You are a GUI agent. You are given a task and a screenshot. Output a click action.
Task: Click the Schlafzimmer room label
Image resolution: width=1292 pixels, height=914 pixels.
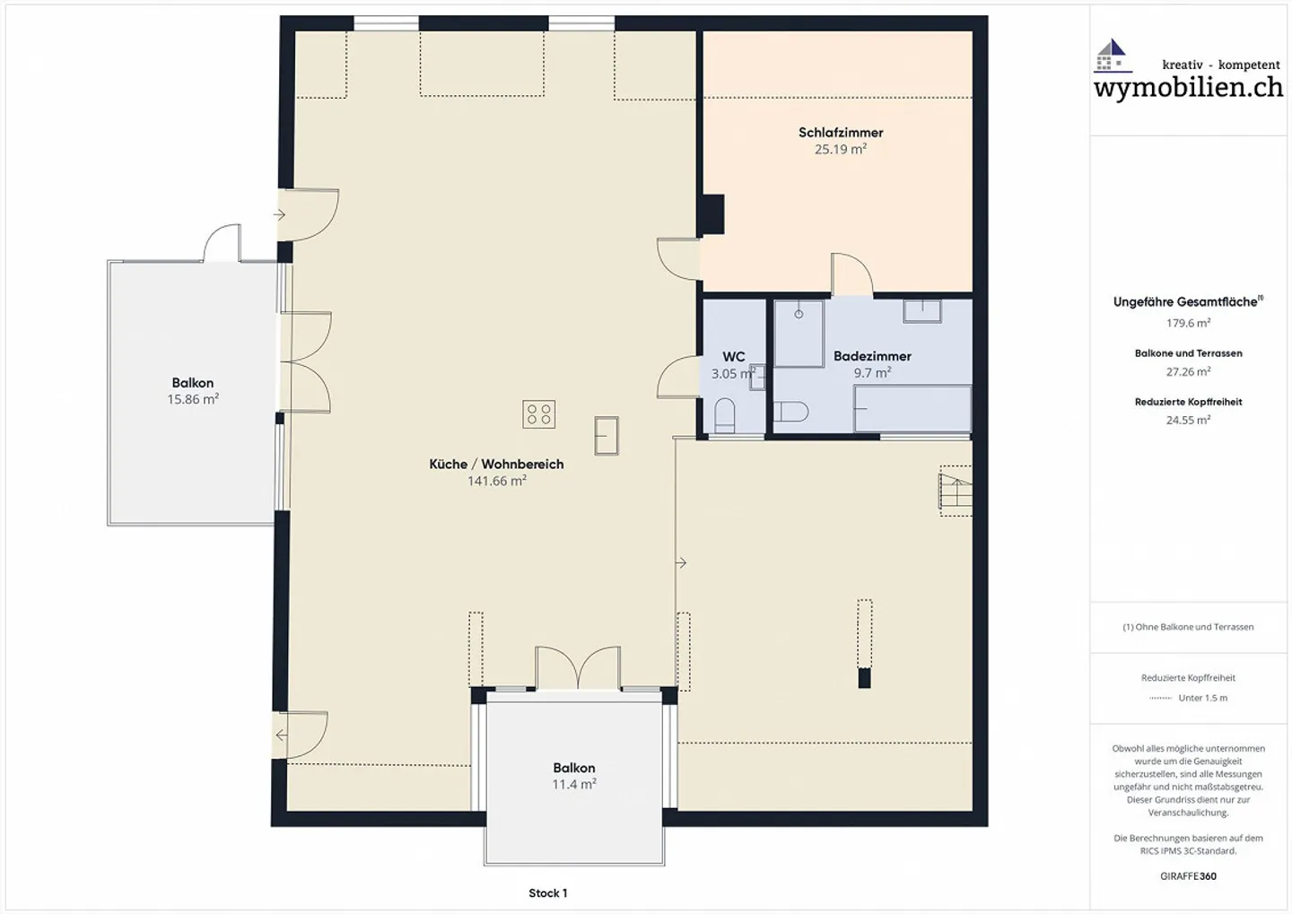[841, 133]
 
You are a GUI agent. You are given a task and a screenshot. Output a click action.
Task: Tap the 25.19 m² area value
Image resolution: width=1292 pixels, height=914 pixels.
[841, 150]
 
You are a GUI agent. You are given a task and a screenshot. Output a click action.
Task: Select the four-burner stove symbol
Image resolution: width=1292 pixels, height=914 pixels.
[538, 414]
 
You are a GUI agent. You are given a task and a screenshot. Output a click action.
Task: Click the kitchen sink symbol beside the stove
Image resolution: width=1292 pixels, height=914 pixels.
[607, 435]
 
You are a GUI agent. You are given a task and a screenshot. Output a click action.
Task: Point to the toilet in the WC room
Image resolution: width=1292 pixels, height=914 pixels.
[724, 415]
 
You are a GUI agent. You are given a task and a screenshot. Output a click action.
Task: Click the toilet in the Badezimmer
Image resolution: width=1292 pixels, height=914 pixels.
[791, 412]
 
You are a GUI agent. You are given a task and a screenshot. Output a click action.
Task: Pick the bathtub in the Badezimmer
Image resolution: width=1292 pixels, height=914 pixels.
[912, 409]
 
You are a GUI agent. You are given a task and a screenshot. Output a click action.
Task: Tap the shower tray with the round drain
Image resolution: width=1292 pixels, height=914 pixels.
[799, 334]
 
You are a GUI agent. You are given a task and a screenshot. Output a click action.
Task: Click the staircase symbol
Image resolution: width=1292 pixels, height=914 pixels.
[956, 491]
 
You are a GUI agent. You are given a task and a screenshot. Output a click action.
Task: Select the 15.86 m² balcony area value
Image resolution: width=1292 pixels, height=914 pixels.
[193, 399]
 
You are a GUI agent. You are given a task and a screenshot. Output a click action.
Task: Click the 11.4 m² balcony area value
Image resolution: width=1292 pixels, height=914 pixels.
[574, 784]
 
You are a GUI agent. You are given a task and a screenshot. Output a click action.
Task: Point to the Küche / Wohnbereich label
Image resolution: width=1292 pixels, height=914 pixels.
[496, 465]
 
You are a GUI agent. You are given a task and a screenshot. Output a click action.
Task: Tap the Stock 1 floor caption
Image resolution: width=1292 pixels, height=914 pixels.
[548, 893]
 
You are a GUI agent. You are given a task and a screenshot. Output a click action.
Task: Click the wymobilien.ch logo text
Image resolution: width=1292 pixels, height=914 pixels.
[1189, 88]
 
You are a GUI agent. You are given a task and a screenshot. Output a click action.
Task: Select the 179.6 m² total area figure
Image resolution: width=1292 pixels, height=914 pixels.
[1188, 324]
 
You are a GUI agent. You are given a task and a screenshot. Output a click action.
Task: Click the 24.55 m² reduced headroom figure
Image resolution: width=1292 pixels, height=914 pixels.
[1188, 421]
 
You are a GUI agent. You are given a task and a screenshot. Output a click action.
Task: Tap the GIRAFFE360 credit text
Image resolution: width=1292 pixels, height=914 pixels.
[1188, 876]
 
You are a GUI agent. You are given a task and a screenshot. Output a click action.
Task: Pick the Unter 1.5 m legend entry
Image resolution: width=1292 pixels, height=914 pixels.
[1188, 698]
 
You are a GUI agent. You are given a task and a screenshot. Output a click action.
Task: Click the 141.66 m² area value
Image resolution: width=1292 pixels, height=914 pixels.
[497, 481]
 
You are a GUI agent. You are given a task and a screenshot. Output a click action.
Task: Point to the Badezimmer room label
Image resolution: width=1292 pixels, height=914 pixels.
[872, 356]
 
